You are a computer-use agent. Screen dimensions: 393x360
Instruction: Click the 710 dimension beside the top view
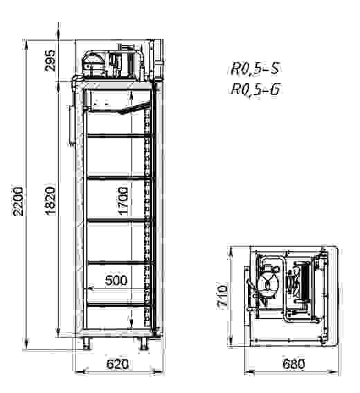tap(222, 297)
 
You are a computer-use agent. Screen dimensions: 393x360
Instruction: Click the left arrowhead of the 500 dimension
tap(86, 288)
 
